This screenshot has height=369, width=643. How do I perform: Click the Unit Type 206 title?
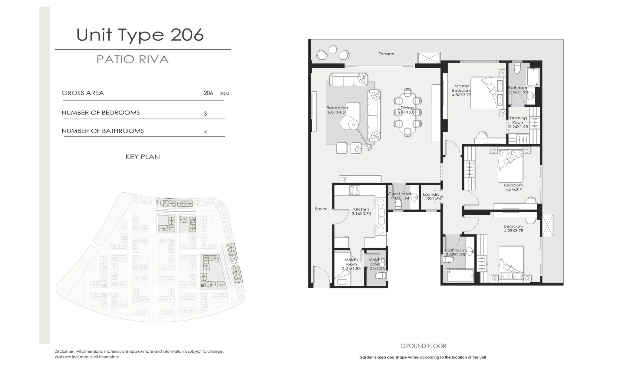(x=140, y=35)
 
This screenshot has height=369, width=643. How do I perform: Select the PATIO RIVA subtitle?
(x=132, y=59)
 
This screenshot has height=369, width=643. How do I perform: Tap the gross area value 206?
(x=208, y=93)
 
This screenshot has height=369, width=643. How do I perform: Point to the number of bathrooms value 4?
(x=205, y=132)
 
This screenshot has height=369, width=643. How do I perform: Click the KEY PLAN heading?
(x=143, y=157)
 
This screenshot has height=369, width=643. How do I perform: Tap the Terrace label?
(x=386, y=54)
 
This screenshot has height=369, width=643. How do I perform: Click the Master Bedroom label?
(x=461, y=88)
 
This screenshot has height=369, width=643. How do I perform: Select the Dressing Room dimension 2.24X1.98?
(x=518, y=127)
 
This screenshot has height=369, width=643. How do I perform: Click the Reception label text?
(x=337, y=108)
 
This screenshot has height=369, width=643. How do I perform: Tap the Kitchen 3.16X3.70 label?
(x=361, y=211)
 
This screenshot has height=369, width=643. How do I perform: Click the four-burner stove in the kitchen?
(x=355, y=190)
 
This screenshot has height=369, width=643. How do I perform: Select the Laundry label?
(x=431, y=194)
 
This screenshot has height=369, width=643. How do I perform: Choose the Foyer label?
(x=321, y=209)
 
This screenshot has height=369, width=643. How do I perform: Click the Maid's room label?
(x=351, y=262)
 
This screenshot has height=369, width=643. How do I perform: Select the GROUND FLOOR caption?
(x=423, y=346)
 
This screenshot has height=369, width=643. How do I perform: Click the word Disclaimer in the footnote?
(x=64, y=351)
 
